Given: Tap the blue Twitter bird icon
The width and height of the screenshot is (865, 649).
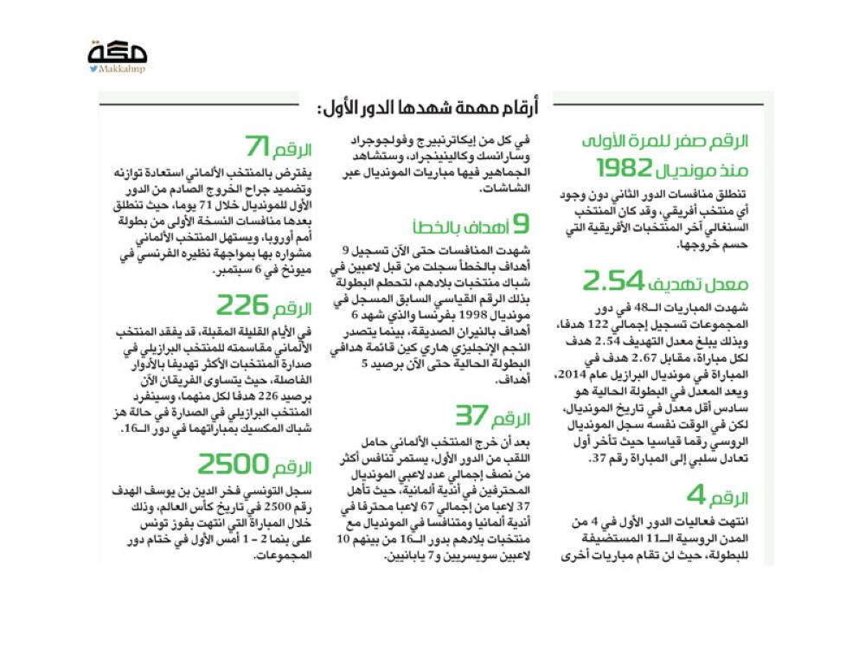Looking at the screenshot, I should click(x=93, y=69).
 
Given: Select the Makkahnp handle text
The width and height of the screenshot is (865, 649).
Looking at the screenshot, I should click(x=122, y=69).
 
